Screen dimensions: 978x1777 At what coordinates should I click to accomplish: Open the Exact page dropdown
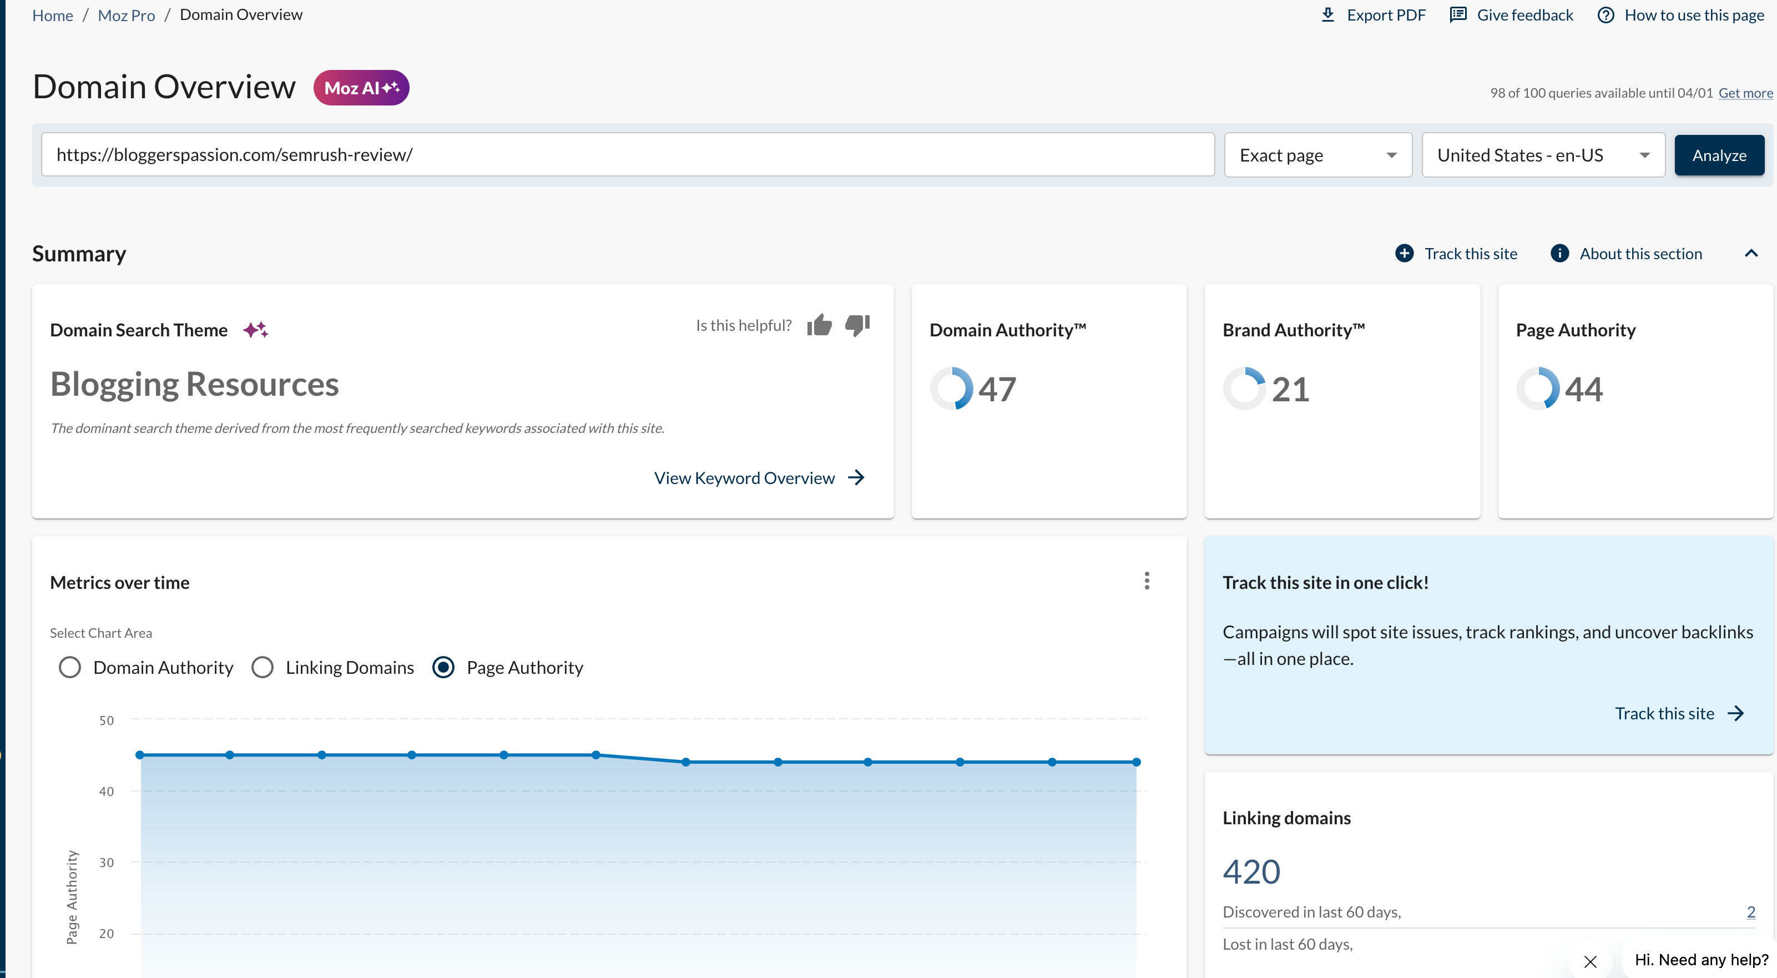(1317, 155)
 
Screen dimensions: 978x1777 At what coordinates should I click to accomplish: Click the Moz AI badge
(361, 88)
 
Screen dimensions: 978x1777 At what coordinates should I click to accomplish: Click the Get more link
(1745, 93)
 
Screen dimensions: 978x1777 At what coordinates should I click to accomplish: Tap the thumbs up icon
(820, 325)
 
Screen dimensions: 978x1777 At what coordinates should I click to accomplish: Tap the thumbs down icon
(857, 325)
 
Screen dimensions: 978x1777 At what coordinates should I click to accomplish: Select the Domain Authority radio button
(70, 668)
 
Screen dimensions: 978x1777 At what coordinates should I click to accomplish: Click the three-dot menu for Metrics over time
(1147, 581)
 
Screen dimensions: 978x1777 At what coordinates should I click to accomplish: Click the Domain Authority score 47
(997, 390)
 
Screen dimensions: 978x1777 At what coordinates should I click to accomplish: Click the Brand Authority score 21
(1290, 390)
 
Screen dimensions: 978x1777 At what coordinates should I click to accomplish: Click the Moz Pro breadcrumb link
(126, 15)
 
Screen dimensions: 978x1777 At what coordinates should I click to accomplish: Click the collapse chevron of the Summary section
(1751, 254)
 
